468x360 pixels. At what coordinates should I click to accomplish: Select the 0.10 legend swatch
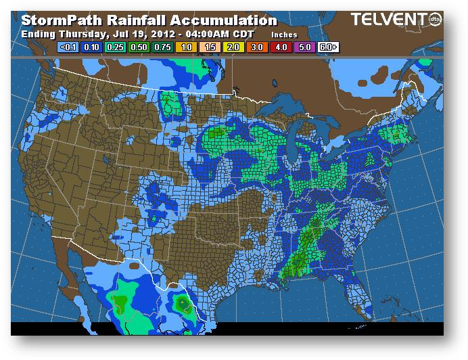point(91,47)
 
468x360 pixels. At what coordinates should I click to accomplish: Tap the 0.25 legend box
point(114,47)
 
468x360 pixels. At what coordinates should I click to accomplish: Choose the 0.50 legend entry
point(138,47)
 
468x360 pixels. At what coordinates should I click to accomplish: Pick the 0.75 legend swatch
point(162,47)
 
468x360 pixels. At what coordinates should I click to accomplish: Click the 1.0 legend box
point(185,47)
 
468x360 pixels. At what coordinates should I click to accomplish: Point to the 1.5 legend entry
point(209,47)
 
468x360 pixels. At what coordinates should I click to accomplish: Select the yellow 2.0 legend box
point(233,47)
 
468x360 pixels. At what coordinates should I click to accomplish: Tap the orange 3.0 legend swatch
point(256,47)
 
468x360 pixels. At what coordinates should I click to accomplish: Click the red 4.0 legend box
point(280,47)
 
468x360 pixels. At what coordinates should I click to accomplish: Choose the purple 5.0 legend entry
point(304,47)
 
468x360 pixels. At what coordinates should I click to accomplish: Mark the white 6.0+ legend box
point(328,47)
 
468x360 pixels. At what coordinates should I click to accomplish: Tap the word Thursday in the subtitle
point(75,33)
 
